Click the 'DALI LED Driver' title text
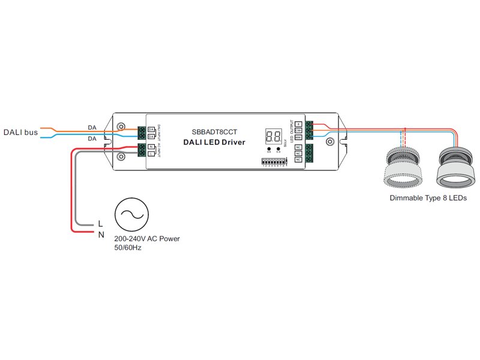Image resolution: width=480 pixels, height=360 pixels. (x=214, y=142)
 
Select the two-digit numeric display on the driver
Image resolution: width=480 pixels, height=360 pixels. (x=273, y=136)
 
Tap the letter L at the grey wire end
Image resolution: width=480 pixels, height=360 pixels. (x=101, y=224)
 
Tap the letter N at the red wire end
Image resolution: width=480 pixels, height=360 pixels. (x=101, y=234)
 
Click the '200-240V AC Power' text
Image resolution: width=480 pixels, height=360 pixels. (x=146, y=239)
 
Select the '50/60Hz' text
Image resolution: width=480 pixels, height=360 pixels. (x=128, y=248)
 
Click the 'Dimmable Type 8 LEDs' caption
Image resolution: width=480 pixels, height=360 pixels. (x=428, y=198)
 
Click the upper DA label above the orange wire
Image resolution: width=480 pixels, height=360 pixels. (x=92, y=127)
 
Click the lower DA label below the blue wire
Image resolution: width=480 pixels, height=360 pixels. (x=92, y=139)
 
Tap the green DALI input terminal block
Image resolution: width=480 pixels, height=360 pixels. (x=142, y=133)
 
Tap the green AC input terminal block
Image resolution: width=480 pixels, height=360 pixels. (x=142, y=150)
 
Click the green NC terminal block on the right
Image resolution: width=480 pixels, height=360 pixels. (x=309, y=154)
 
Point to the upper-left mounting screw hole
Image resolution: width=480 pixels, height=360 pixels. (x=121, y=127)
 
